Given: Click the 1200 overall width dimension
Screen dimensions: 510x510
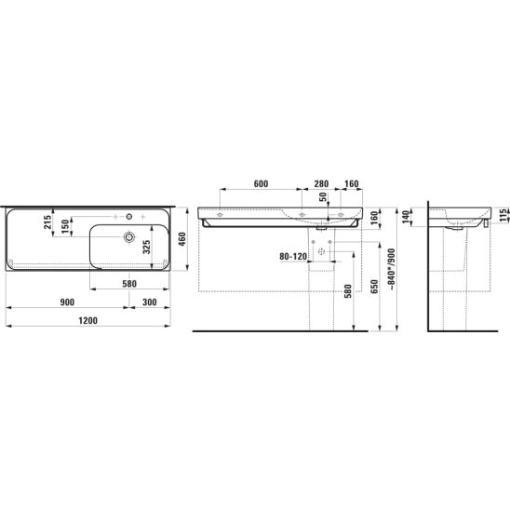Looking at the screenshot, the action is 87,321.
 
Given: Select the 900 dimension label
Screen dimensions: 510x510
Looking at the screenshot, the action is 67,302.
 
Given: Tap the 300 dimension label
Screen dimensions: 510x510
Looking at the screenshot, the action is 150,302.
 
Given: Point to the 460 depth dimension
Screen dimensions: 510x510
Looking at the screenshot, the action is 182,239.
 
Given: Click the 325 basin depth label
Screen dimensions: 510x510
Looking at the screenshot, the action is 147,248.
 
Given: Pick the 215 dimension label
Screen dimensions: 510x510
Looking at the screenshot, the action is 47,222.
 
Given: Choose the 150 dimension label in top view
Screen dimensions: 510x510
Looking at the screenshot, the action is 65,226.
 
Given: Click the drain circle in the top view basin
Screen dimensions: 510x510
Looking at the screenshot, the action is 129,236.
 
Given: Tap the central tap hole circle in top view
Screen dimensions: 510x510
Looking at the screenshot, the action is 129,216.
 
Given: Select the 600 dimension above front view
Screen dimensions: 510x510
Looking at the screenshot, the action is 261,183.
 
